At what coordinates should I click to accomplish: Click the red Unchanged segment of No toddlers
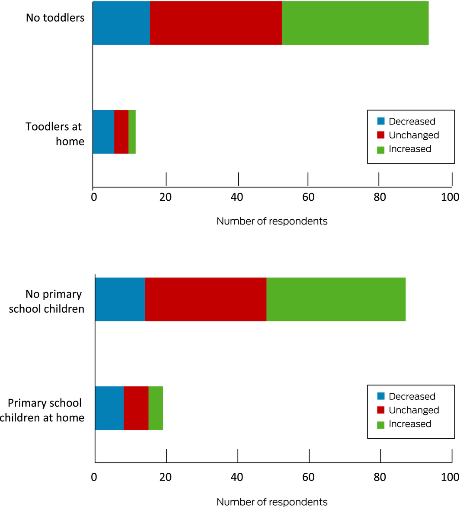(216, 23)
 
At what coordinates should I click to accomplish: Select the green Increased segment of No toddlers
(355, 23)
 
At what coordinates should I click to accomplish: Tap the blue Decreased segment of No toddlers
(121, 23)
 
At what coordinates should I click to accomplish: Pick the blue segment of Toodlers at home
(103, 132)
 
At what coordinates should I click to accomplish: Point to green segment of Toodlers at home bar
(132, 132)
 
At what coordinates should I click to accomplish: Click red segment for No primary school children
(205, 299)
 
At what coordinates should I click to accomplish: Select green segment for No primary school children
(336, 299)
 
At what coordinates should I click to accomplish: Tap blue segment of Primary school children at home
(109, 408)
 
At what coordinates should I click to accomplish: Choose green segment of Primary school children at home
(156, 408)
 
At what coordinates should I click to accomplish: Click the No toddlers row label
(55, 18)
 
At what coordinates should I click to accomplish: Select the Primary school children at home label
(45, 410)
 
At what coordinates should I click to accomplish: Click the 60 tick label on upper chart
(307, 197)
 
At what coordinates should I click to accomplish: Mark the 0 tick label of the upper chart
(93, 197)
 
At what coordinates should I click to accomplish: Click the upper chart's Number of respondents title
(272, 221)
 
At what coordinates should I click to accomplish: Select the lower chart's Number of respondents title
(272, 502)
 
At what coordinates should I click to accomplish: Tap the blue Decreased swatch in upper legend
(380, 121)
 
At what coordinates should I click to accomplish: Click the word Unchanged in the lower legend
(414, 410)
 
